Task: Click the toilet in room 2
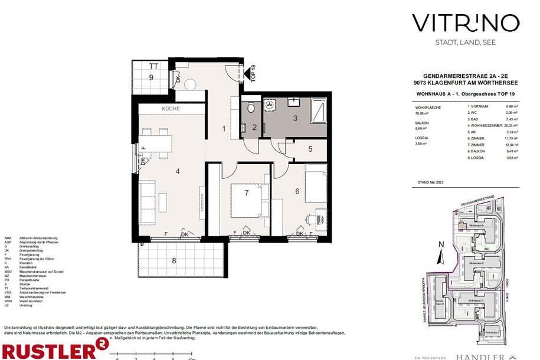pyautogui.click(x=251, y=108)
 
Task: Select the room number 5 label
pyautogui.click(x=310, y=149)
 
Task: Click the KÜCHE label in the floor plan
pyautogui.click(x=171, y=109)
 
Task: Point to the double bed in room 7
pyautogui.click(x=247, y=201)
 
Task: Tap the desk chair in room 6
pyautogui.click(x=311, y=220)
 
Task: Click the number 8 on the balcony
pyautogui.click(x=174, y=260)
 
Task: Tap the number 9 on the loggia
pyautogui.click(x=151, y=77)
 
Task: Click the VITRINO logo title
pyautogui.click(x=465, y=24)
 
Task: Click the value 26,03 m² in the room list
pyautogui.click(x=510, y=126)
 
